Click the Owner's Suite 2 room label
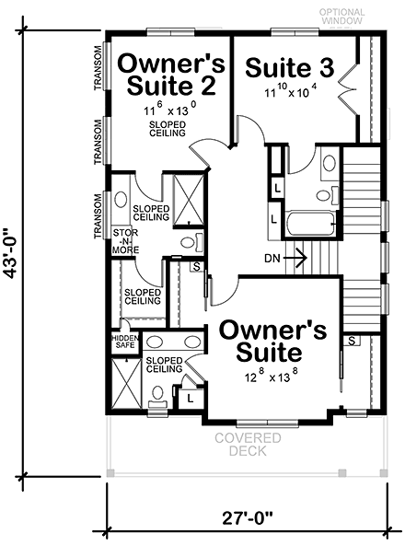(x=168, y=75)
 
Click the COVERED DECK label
(x=248, y=446)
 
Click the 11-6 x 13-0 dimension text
(x=168, y=110)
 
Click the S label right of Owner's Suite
(x=352, y=342)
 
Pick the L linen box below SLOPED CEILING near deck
(x=190, y=399)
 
